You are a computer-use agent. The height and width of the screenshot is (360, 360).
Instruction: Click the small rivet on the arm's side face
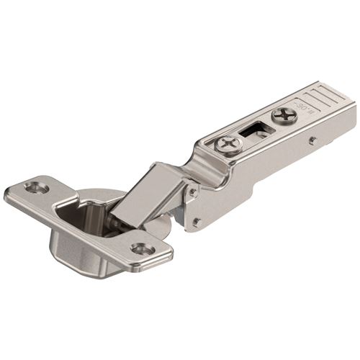click(x=312, y=141)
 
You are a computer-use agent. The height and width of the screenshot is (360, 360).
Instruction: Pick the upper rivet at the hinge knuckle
click(x=191, y=192)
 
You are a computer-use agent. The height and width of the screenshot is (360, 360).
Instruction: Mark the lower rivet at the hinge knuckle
click(x=195, y=222)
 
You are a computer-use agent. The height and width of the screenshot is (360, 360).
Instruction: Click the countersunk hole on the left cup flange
click(x=35, y=187)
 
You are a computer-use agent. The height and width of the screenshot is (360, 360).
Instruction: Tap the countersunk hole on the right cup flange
click(x=141, y=249)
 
